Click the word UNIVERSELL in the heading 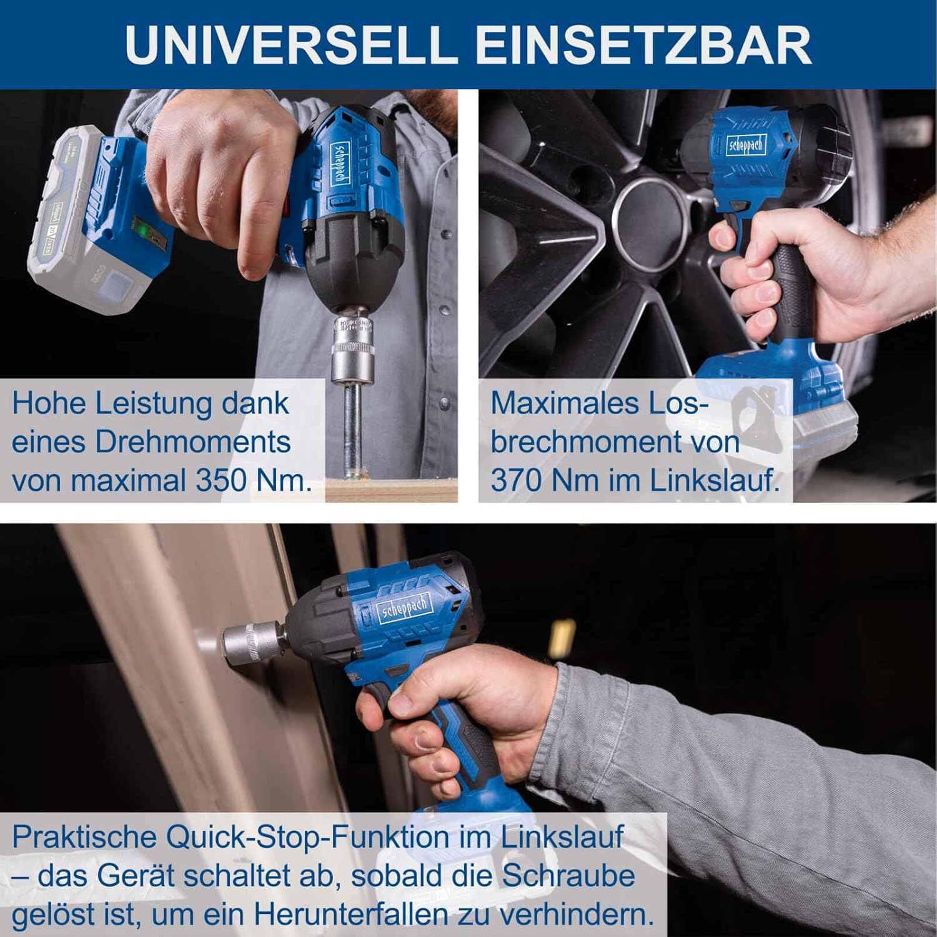pos(291,44)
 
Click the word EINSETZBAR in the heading pos(643,44)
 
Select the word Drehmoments pos(193,442)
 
